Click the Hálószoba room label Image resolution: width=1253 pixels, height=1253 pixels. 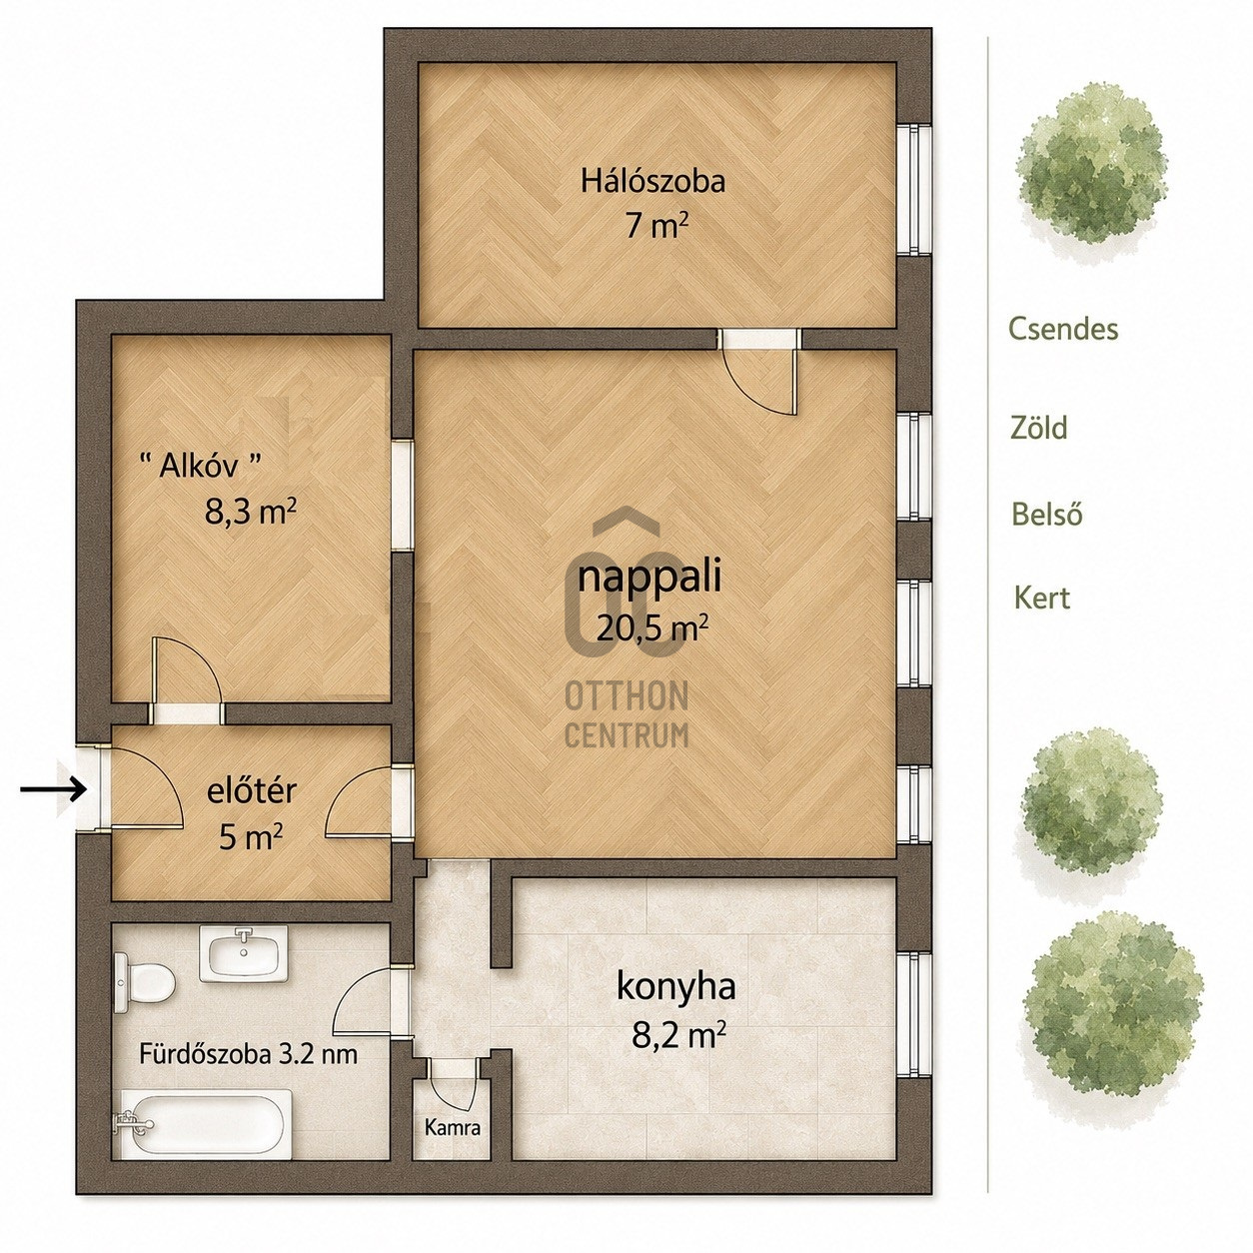pos(652,181)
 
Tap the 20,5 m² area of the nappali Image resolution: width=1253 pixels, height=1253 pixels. pos(651,628)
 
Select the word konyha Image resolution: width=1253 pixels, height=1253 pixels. pos(676,987)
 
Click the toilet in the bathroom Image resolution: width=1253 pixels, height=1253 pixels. pos(144,982)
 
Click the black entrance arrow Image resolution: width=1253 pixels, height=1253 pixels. pos(53,790)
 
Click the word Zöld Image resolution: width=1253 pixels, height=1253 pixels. pos(1038,428)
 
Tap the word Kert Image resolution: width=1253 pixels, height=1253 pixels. pos(1042,598)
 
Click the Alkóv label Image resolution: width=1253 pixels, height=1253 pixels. pos(201,466)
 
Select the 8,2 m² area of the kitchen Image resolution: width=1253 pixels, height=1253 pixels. pos(678,1035)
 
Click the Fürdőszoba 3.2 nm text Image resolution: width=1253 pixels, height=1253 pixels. pos(249,1054)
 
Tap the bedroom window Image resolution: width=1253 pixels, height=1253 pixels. pos(914,189)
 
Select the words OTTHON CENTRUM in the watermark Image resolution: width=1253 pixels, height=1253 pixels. pos(626,715)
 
